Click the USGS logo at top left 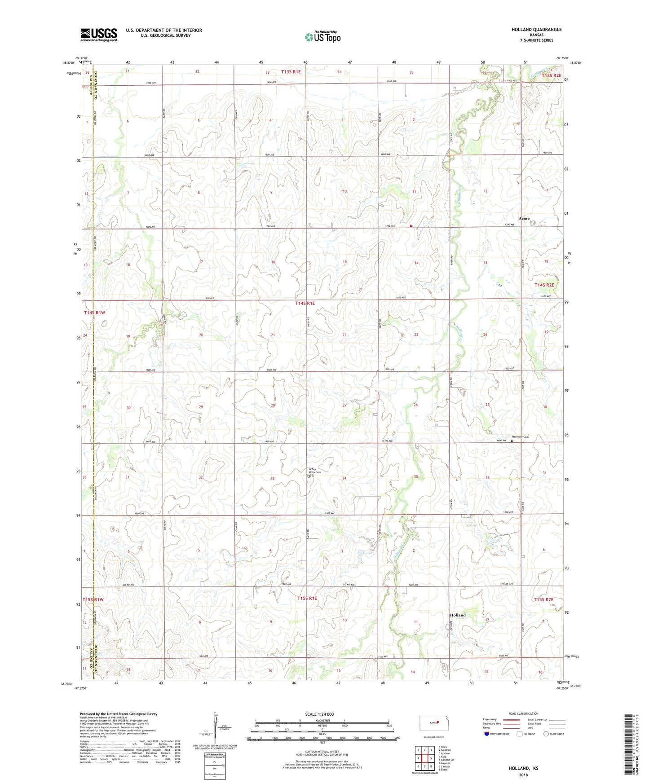click(x=99, y=35)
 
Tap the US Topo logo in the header click(x=322, y=37)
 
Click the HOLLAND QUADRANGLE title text click(x=536, y=30)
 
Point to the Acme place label click(x=524, y=219)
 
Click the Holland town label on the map click(x=458, y=615)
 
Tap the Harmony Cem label click(x=521, y=437)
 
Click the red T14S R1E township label click(x=305, y=304)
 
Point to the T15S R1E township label click(x=307, y=599)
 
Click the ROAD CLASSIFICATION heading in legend click(x=523, y=714)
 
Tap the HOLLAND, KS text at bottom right click(x=523, y=768)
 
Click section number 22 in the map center click(x=344, y=335)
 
